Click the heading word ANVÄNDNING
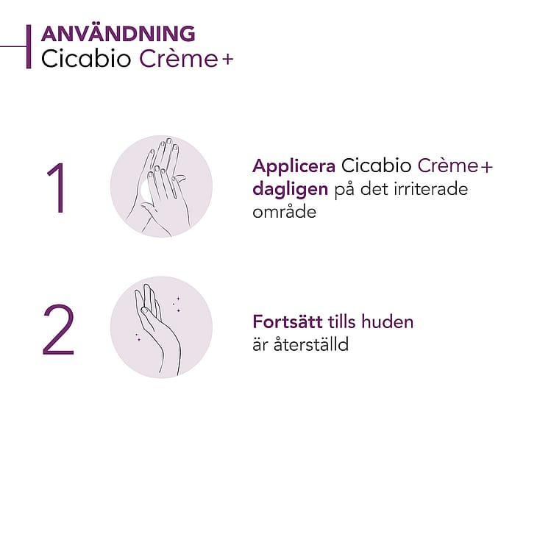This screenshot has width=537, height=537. [118, 34]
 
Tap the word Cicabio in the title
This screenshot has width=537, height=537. [86, 59]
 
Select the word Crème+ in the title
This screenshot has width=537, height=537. [186, 59]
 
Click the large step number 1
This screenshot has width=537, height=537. [58, 188]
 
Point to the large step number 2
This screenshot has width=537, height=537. [58, 329]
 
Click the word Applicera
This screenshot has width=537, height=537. [294, 167]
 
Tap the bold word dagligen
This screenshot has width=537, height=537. [290, 190]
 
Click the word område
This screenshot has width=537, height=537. [284, 211]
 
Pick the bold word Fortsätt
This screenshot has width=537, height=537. [288, 321]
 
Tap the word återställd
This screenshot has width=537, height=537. [311, 344]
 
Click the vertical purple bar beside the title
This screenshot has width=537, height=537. [29, 46]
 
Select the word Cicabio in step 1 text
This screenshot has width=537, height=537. [376, 166]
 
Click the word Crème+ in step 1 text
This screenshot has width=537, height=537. [455, 166]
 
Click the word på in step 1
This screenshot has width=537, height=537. [344, 191]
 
